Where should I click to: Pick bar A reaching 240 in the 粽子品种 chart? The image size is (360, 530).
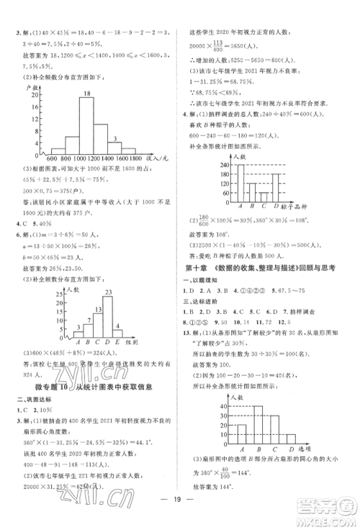point(239,184)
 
